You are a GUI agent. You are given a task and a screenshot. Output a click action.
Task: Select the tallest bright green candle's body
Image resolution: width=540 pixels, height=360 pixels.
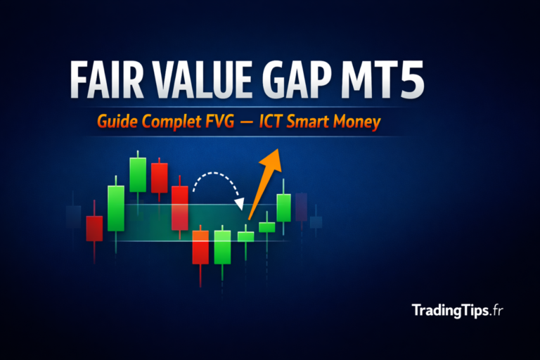click(x=116, y=208)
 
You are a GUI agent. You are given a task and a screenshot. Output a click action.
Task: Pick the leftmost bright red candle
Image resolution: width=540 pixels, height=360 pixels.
click(x=94, y=228)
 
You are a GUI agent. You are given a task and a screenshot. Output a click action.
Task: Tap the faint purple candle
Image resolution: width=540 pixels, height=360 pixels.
click(x=302, y=206)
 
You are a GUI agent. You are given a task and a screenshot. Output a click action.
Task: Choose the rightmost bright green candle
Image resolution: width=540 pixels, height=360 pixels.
click(x=284, y=207)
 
